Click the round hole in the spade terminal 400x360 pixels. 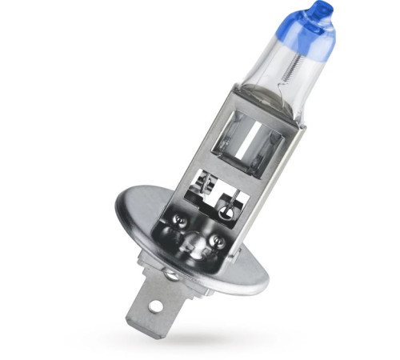pyautogui.click(x=154, y=306)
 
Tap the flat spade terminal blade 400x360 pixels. pyautogui.click(x=147, y=309)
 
